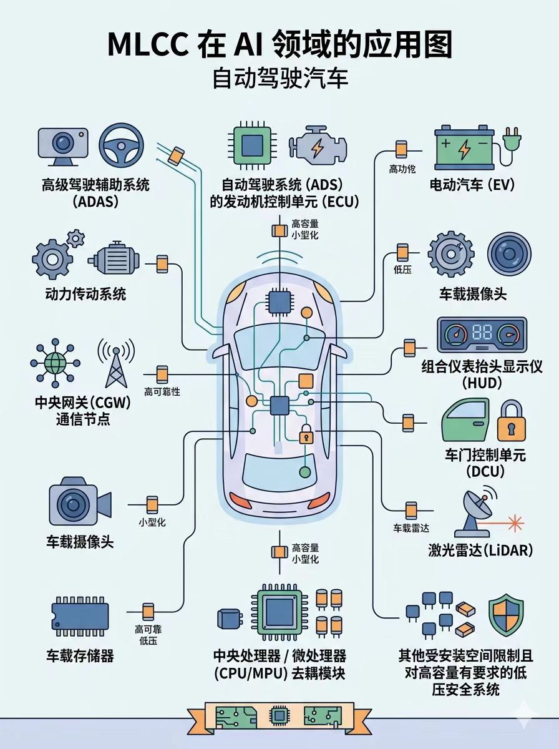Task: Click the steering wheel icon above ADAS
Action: pos(121,145)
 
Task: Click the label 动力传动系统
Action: pos(85,293)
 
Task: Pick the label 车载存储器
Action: pos(80,656)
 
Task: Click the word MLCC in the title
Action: pos(149,46)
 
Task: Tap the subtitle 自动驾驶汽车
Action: pos(279,79)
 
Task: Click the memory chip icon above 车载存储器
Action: pos(79,614)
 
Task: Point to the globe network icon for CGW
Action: pos(55,362)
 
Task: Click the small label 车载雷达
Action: pos(411,528)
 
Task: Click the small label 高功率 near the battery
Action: pos(402,169)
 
